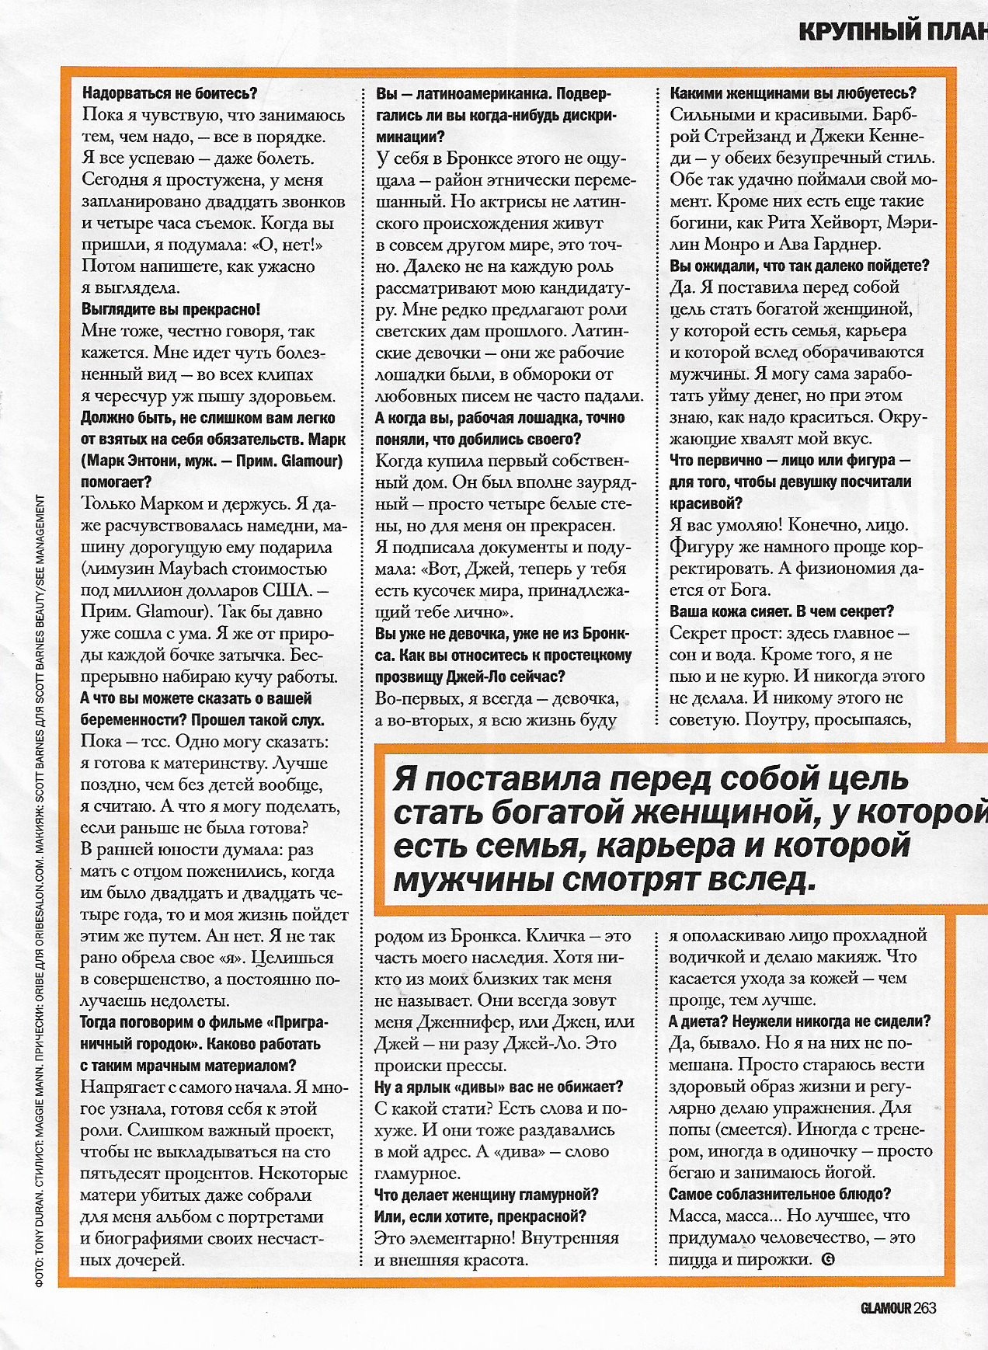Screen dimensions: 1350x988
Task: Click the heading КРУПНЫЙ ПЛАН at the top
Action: [892, 31]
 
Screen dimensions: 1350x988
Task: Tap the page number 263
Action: [925, 1307]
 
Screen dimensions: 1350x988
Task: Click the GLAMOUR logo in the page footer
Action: [885, 1307]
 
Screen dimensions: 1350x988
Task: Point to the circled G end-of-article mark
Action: [827, 1259]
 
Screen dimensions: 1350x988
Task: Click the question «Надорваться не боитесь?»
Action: [169, 93]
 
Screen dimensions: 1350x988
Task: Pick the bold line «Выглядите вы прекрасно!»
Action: [171, 309]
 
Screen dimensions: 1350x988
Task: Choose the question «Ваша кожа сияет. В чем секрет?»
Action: [781, 611]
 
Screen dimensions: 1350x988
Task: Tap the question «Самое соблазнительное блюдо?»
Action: [780, 1194]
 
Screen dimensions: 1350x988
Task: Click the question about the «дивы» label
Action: [499, 1087]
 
